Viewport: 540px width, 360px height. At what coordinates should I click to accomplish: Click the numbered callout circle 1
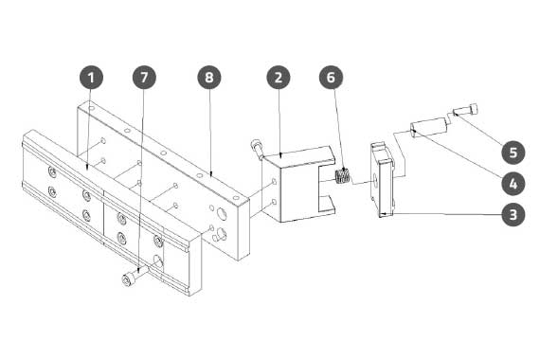91,78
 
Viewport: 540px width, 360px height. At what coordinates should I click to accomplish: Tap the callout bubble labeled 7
144,78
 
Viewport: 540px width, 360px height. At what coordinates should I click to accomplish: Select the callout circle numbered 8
209,78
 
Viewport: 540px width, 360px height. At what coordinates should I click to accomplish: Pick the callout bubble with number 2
279,78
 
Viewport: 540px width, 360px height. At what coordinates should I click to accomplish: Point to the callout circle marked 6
331,78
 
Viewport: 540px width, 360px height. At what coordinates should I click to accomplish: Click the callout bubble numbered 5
513,152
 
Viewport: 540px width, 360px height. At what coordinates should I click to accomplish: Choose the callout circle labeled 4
513,183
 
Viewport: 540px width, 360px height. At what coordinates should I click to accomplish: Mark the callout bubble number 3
513,214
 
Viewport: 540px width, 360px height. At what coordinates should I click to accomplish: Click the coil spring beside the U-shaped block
343,176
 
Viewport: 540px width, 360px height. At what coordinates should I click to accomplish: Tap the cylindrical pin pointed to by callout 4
428,128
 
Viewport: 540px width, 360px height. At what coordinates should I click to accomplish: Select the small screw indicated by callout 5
466,110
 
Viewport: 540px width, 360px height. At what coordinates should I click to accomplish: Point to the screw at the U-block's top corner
258,148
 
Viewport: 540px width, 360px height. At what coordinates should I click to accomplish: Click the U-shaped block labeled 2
298,185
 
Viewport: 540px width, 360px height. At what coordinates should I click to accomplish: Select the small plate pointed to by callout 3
383,180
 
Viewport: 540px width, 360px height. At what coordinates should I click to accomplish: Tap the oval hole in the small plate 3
375,179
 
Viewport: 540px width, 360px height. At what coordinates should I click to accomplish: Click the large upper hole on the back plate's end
221,215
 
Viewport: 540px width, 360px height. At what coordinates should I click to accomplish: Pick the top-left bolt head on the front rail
52,171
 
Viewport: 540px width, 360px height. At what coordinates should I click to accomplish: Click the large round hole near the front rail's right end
158,261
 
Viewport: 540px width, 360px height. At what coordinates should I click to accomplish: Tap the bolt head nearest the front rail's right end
157,240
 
